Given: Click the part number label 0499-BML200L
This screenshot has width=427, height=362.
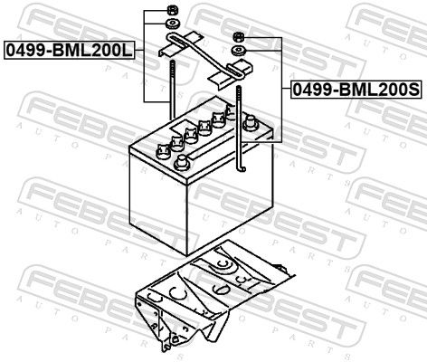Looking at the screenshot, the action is [x=69, y=51].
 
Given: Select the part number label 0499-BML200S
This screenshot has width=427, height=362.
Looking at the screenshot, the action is [x=356, y=90].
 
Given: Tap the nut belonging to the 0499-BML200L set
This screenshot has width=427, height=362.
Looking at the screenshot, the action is [x=172, y=11].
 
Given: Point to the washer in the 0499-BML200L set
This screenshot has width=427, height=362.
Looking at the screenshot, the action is [x=173, y=24].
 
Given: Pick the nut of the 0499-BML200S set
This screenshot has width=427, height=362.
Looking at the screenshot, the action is [x=238, y=37].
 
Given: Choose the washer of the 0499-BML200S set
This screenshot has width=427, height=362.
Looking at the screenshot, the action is [x=239, y=51].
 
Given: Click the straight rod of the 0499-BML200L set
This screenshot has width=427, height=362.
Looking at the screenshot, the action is [x=173, y=90].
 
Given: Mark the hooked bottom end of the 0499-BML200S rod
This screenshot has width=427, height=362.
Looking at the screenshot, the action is [x=242, y=167].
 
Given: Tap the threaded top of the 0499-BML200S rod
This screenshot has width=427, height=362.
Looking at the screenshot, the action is [x=239, y=97].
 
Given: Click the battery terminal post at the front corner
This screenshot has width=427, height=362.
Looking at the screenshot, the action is [x=181, y=163].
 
